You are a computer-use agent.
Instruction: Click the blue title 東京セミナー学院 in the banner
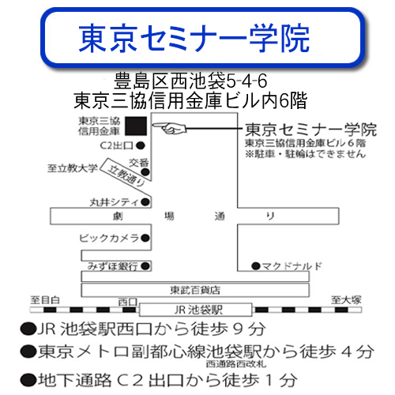(194, 39)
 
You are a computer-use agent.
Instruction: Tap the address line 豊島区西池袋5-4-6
(190, 81)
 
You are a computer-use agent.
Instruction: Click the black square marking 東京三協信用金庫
(136, 126)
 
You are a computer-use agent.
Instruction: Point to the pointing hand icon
(169, 128)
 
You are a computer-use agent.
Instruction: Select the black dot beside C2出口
(141, 145)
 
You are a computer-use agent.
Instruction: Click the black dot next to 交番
(145, 172)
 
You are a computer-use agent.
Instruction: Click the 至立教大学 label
(73, 168)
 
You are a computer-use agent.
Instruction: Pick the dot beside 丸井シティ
(145, 202)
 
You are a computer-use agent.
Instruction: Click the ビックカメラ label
(109, 238)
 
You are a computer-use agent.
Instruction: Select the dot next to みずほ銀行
(145, 266)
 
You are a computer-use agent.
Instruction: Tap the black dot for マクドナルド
(256, 266)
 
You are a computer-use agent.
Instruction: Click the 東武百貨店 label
(195, 290)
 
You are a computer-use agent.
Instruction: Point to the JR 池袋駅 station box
(196, 310)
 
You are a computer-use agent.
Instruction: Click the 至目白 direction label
(45, 299)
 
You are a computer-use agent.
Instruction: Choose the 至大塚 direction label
(346, 299)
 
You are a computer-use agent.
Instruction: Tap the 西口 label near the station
(128, 302)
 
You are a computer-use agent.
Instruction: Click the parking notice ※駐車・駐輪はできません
(306, 153)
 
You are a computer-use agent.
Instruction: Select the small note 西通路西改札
(236, 364)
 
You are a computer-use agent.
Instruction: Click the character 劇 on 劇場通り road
(118, 216)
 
